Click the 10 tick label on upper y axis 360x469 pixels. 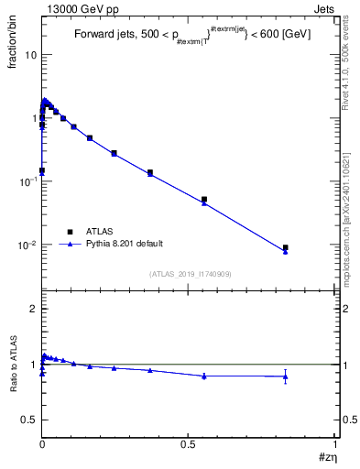[30, 55]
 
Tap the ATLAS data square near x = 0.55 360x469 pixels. [204, 199]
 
